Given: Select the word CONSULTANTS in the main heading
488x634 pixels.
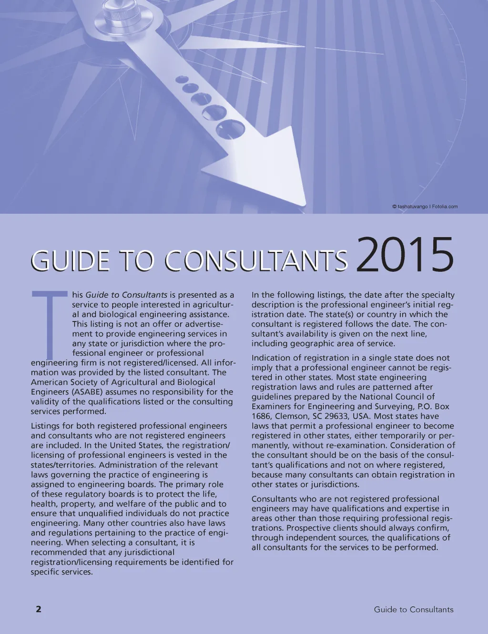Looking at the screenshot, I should pyautogui.click(x=256, y=261).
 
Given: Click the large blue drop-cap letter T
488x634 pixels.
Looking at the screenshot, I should pyautogui.click(x=50, y=324).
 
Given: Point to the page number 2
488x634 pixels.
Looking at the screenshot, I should pyautogui.click(x=39, y=609).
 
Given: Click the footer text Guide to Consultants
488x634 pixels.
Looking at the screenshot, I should pyautogui.click(x=413, y=609).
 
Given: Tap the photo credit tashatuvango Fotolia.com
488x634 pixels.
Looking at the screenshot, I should pyautogui.click(x=425, y=207).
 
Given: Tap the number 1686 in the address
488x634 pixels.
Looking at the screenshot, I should pyautogui.click(x=261, y=416).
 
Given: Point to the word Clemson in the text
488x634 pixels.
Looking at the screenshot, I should pyautogui.click(x=292, y=416).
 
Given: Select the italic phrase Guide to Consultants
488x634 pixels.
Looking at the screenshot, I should pyautogui.click(x=126, y=295).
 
